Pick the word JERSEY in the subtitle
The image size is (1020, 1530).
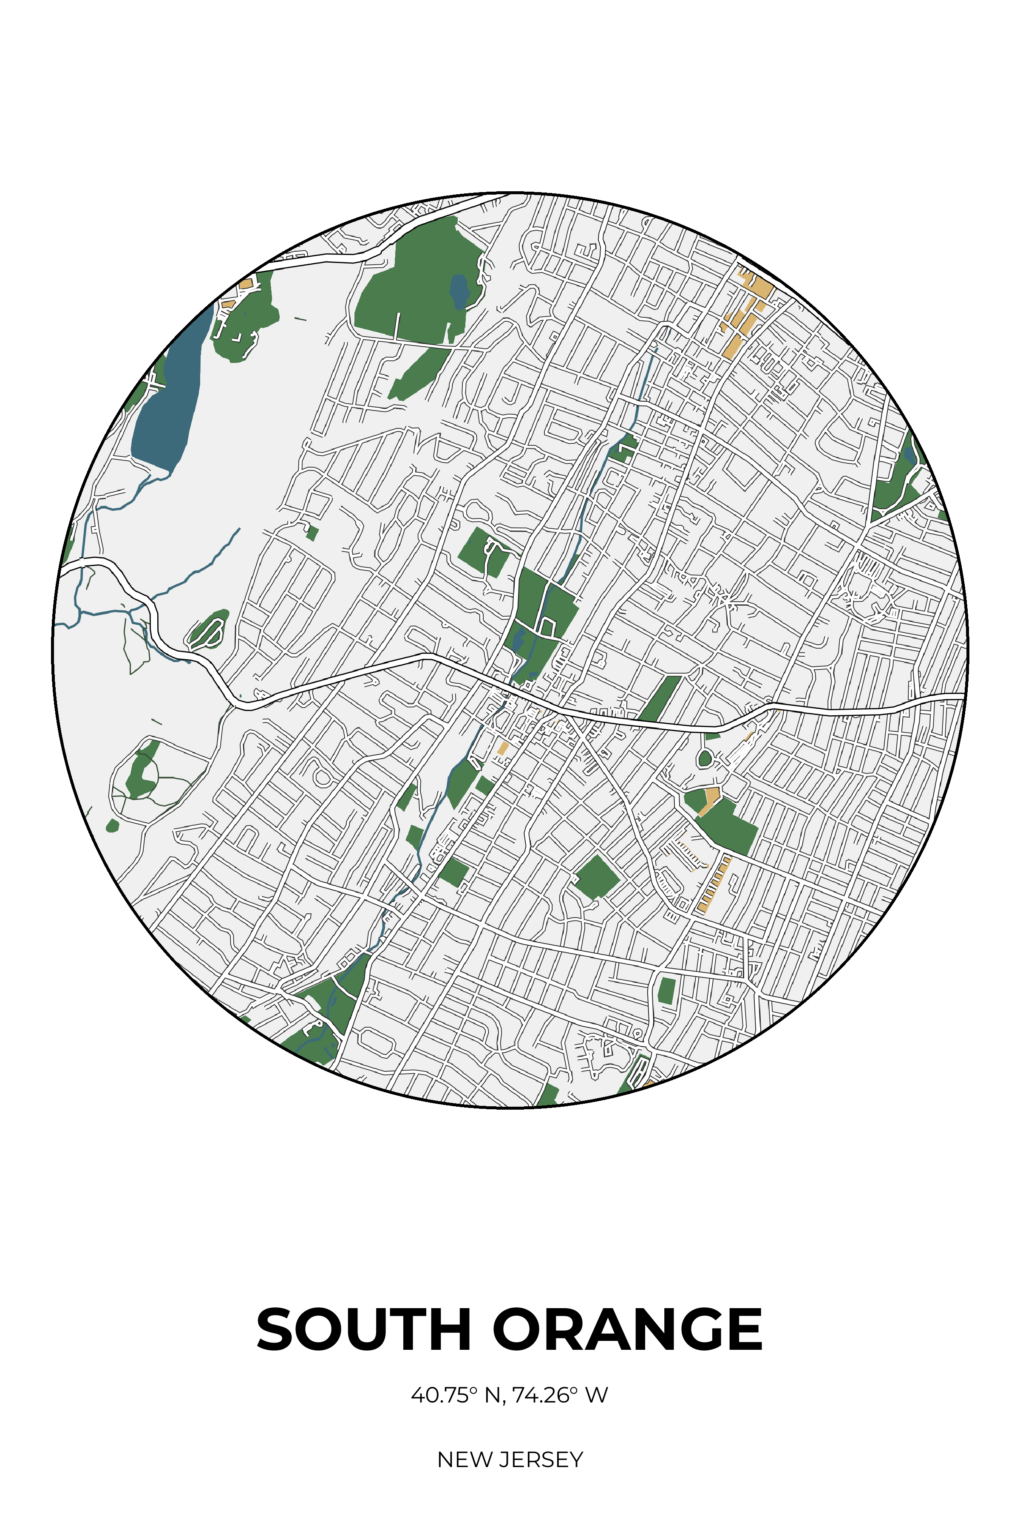pos(541,1460)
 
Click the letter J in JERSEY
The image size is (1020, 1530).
pos(503,1460)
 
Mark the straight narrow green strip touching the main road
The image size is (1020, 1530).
pos(660,699)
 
